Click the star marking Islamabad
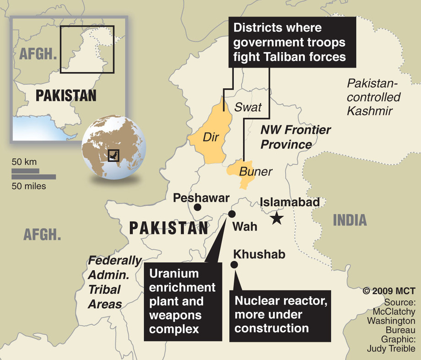coord(276,218)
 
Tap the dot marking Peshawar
coord(197,207)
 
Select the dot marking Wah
coord(232,214)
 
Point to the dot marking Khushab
coord(234,264)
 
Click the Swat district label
coord(248,107)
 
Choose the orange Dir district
coord(208,135)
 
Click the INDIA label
coord(350,220)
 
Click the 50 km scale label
coord(24,162)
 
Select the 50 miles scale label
coord(29,186)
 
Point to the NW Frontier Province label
coord(295,137)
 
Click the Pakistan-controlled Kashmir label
coord(373,97)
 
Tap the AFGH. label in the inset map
coord(38,54)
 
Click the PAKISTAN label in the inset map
coord(66,95)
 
